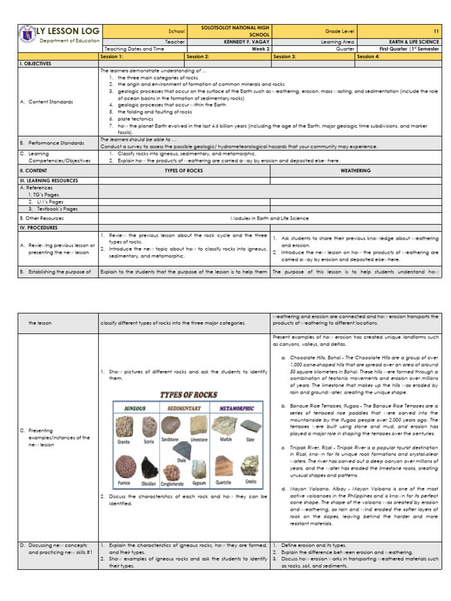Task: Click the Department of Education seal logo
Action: [x=26, y=33]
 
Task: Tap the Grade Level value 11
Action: [x=436, y=31]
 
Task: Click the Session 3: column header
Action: [x=284, y=57]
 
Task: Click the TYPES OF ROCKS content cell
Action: [x=184, y=170]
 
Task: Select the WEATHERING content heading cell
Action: [x=355, y=170]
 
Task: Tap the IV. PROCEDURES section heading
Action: [x=38, y=227]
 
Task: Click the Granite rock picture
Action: [x=123, y=426]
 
